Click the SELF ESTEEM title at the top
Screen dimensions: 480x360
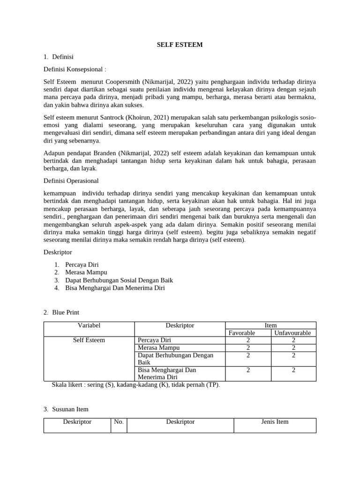[180, 45]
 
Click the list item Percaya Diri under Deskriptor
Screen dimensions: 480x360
[82, 264]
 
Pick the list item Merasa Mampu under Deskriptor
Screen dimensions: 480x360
[86, 272]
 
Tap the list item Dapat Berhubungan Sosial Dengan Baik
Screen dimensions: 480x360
[119, 280]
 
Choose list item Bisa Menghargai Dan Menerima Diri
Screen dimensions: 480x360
[115, 288]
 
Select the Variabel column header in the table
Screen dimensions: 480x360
[89, 325]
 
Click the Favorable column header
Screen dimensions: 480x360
[248, 333]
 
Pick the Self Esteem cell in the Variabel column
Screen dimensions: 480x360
[89, 340]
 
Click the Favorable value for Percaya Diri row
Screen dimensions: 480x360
[248, 340]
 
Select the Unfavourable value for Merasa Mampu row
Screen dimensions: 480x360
[293, 348]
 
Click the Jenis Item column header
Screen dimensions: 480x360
[275, 422]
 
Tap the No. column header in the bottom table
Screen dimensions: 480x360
[119, 422]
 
